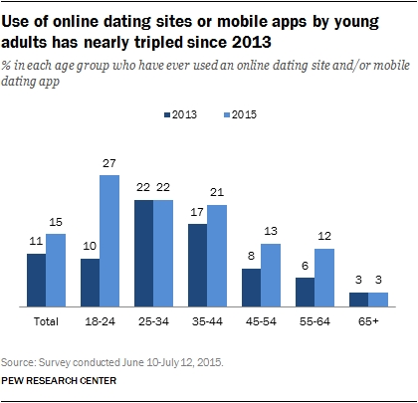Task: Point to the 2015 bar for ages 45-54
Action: tap(270, 275)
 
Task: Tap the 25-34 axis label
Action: tap(153, 322)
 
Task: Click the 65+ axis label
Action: tap(368, 322)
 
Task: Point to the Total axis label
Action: tap(46, 322)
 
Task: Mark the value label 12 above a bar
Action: tap(325, 237)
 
